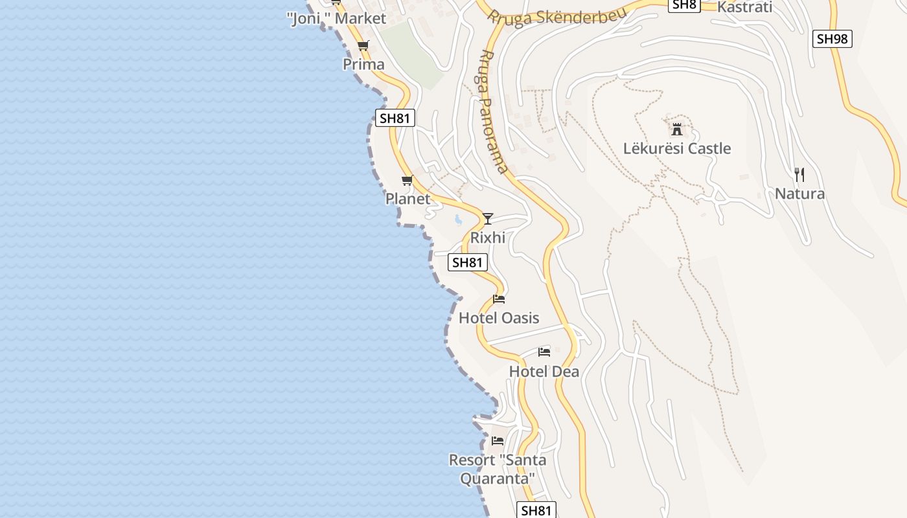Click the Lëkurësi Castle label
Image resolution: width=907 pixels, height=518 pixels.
click(677, 148)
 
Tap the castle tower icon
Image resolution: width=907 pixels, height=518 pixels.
click(677, 129)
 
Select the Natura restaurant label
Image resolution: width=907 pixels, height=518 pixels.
click(799, 194)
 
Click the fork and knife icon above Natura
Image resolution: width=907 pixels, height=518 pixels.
click(799, 174)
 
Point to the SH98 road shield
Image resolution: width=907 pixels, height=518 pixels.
click(832, 39)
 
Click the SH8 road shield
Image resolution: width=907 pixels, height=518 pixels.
click(684, 5)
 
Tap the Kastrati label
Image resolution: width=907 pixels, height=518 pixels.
click(745, 7)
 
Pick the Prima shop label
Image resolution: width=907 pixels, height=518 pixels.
click(363, 64)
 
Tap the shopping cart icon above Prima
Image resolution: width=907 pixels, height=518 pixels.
click(363, 45)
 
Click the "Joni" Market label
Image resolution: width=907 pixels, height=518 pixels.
click(336, 19)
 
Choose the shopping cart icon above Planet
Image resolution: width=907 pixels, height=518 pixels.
click(407, 180)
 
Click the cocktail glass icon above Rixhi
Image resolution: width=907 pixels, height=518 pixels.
click(488, 218)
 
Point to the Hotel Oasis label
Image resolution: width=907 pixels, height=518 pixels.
click(499, 318)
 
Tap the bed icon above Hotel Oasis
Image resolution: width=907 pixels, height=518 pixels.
click(499, 299)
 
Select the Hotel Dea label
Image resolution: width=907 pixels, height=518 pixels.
click(544, 372)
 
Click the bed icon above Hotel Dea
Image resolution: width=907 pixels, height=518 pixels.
click(544, 352)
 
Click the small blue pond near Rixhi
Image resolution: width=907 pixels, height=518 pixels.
click(459, 220)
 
